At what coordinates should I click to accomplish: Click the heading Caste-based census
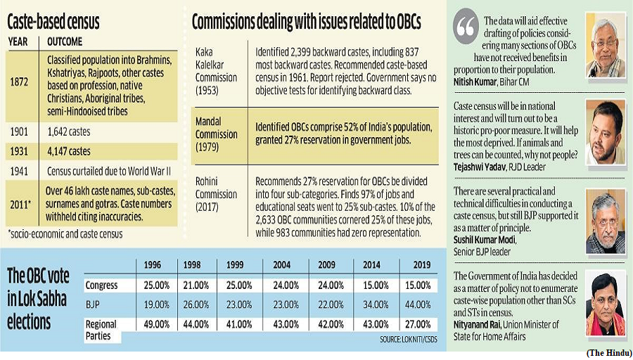pos(53,22)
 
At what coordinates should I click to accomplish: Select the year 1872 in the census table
pos(20,82)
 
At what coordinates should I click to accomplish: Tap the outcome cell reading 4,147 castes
pos(69,151)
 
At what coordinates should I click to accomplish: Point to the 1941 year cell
pos(20,171)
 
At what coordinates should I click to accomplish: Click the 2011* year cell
pos(20,205)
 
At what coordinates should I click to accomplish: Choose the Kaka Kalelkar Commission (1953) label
pos(217,71)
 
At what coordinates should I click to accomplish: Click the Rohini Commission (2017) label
pos(217,194)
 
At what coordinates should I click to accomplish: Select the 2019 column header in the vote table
pos(421,265)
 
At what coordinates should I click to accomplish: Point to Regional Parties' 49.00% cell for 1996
pos(157,324)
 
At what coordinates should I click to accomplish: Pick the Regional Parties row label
pos(101,330)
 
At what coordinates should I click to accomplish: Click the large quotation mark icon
pos(466,26)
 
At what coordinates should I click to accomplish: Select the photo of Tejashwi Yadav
pos(605,132)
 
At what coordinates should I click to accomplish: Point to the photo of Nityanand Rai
pos(605,302)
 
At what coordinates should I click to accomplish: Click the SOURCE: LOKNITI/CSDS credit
pos(408,340)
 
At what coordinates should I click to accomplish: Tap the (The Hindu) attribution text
pos(609,354)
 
